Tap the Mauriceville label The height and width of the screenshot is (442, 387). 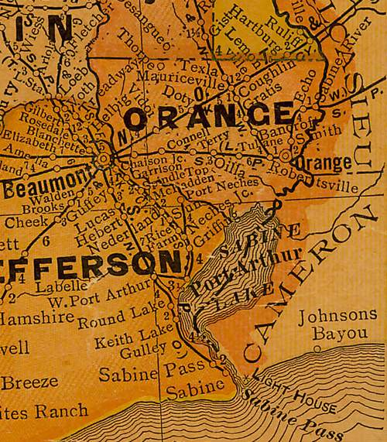[x=178, y=78]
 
